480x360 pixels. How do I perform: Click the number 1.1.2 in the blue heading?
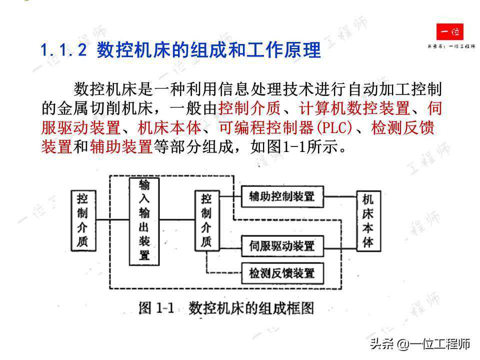(x=63, y=50)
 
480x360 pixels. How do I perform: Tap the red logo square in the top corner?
(x=449, y=32)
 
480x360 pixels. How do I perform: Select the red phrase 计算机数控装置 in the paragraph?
(x=354, y=108)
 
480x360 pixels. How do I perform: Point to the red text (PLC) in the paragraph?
(x=334, y=127)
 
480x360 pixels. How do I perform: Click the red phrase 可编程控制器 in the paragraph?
(x=266, y=127)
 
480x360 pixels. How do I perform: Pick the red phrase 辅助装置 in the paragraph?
(x=121, y=146)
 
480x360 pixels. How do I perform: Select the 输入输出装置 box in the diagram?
(x=144, y=221)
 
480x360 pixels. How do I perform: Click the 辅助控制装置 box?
(x=282, y=196)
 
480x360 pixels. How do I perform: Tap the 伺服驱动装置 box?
(x=282, y=246)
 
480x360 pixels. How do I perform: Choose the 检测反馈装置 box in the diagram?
(x=282, y=273)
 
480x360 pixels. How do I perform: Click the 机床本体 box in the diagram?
(x=368, y=221)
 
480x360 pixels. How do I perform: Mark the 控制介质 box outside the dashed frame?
(x=83, y=220)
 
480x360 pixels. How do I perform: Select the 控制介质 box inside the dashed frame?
(x=207, y=220)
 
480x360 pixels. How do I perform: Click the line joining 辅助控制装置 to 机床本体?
(x=340, y=196)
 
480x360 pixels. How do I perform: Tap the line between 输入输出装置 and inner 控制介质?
(x=177, y=220)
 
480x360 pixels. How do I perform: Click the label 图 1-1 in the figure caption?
(x=156, y=308)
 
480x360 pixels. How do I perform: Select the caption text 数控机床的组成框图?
(x=251, y=308)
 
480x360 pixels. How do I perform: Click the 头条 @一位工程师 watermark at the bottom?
(x=420, y=344)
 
